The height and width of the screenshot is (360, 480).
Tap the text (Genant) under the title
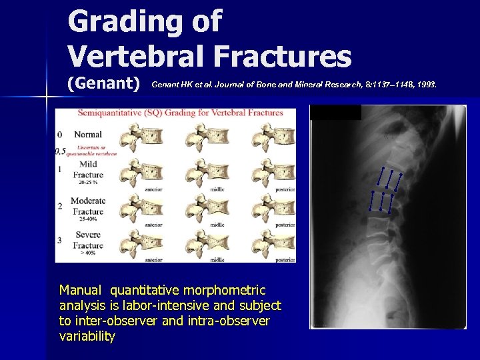coord(103,84)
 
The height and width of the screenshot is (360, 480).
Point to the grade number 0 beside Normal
coord(60,135)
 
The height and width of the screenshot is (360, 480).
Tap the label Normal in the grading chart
coord(88,135)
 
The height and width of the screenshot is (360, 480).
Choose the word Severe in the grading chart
coord(88,235)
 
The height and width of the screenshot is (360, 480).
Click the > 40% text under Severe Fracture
coord(89,254)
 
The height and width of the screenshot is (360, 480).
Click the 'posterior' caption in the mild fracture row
coord(283,190)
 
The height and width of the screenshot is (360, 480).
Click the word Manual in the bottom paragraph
coord(81,291)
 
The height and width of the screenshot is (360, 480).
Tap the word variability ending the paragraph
coord(87,337)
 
